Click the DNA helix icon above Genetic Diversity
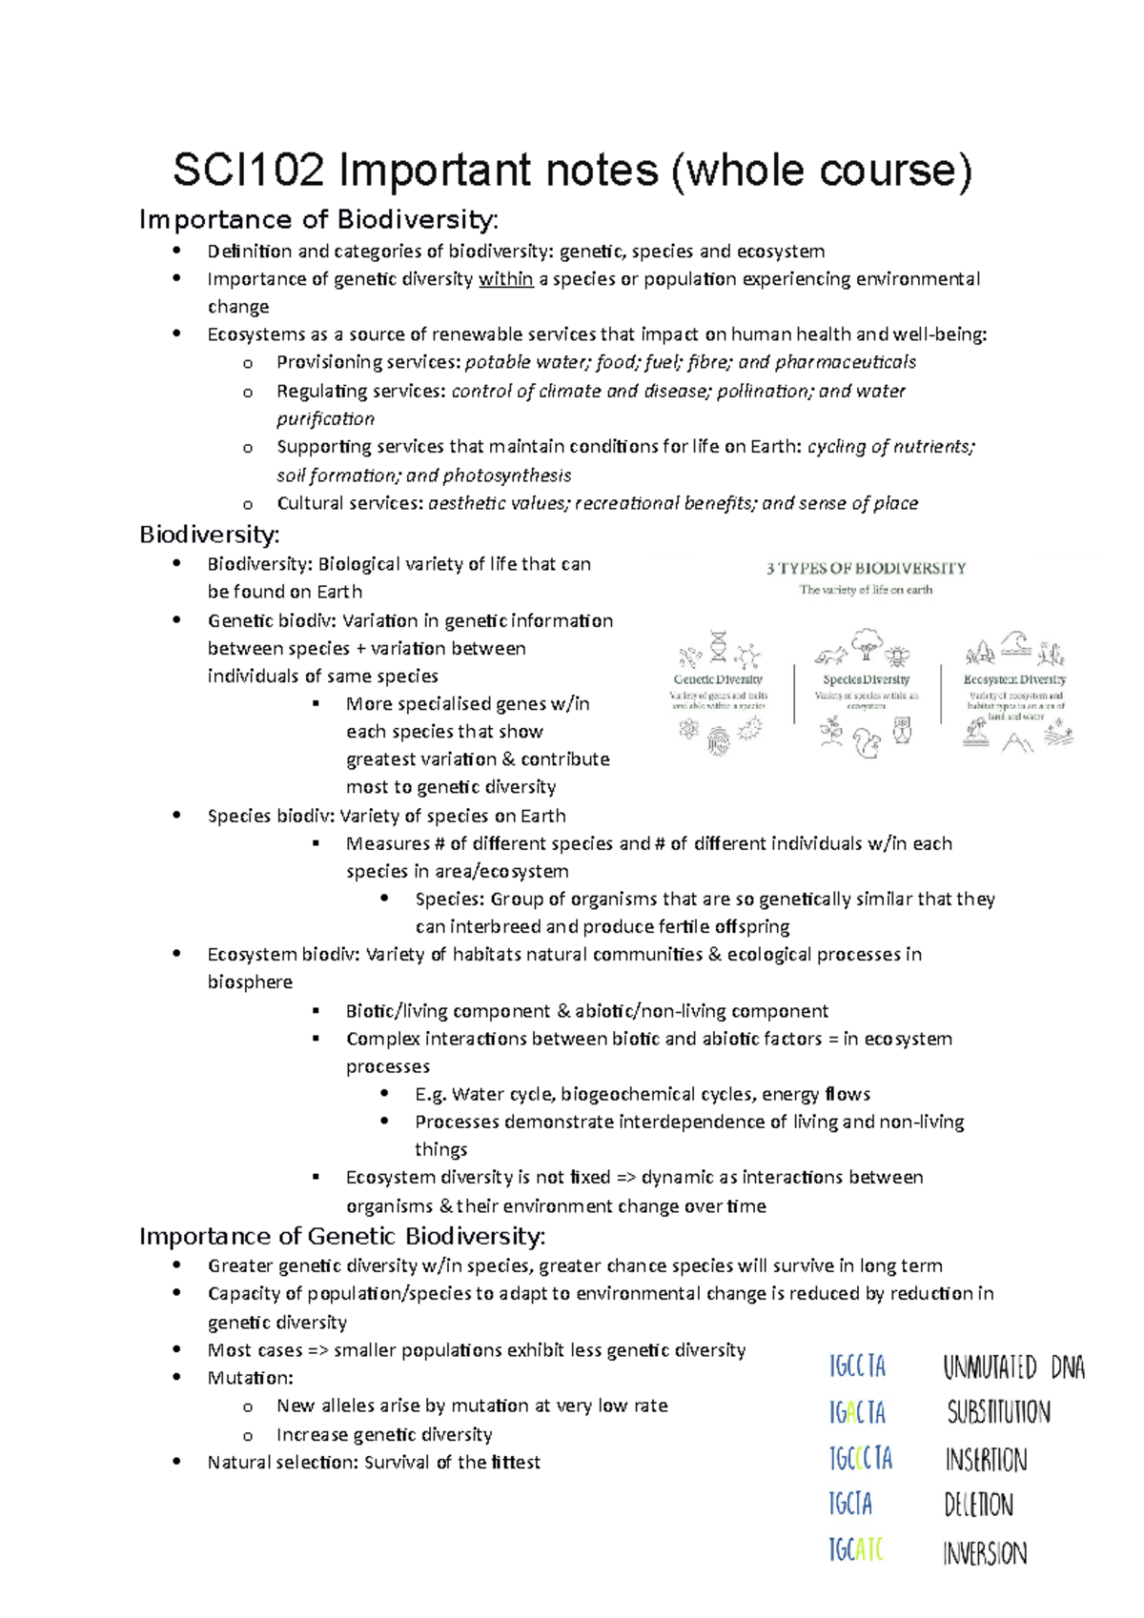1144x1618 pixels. tap(718, 646)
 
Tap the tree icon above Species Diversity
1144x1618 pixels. tap(867, 644)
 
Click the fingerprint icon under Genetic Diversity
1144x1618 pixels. tap(719, 741)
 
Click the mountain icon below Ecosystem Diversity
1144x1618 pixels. tap(1016, 742)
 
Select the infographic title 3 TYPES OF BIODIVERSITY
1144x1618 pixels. tap(866, 568)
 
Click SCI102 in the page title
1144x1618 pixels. tap(249, 171)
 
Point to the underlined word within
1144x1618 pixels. tap(505, 279)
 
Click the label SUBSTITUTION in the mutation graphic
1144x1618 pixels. tap(998, 1412)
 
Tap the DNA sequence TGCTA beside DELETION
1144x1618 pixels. tap(850, 1505)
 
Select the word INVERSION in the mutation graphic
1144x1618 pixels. tap(985, 1553)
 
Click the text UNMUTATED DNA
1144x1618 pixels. tap(1012, 1368)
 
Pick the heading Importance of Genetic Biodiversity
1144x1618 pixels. tap(342, 1236)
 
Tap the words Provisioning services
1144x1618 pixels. tap(368, 362)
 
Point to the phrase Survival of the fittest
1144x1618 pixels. tap(452, 1462)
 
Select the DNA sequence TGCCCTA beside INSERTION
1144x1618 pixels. tap(860, 1458)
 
